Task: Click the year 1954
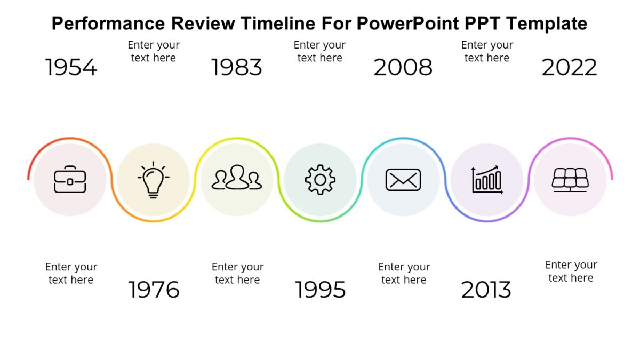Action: pos(71,68)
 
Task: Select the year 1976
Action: pos(154,290)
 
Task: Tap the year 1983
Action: pos(237,68)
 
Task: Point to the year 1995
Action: pos(321,290)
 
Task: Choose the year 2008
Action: pos(403,68)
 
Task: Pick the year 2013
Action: pos(486,290)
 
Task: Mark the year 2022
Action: pos(570,68)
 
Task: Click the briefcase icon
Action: pos(70,180)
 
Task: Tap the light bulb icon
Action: pos(154,180)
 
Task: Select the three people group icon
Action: pos(237,178)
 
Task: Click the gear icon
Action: pos(320,180)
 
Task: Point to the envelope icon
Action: pos(403,180)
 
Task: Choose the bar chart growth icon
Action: pos(486,180)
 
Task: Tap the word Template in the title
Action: pos(547,23)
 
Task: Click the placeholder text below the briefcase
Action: pos(71,273)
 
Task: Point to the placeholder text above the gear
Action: pos(320,51)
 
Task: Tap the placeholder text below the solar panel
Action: pos(571,271)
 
